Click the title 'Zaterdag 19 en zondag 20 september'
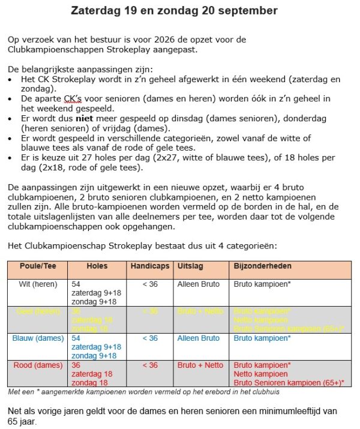(x=174, y=11)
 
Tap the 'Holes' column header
(x=97, y=265)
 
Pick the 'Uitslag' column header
(x=190, y=265)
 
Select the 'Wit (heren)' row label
(x=32, y=284)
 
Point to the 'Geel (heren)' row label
(x=34, y=311)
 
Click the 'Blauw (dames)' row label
(x=37, y=338)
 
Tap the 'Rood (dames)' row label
(x=36, y=365)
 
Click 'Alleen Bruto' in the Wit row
(x=199, y=284)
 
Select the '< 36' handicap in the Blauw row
(x=150, y=338)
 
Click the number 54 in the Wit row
(x=76, y=284)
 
